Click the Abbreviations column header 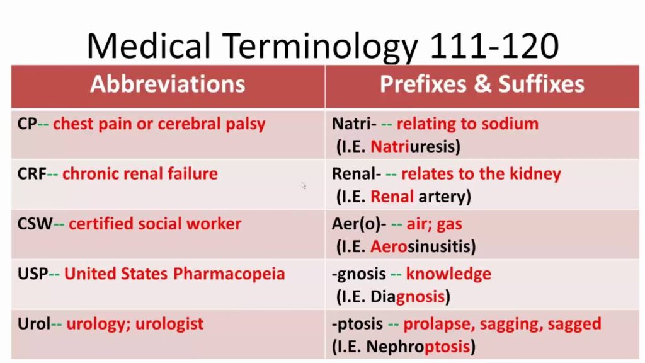pos(168,84)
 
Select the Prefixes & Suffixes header pos(482,84)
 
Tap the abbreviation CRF pos(31,174)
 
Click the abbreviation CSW pos(35,224)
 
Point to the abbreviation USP pos(33,274)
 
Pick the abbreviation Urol pos(34,324)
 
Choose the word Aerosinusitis pos(421,246)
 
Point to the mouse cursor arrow pos(304,186)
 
